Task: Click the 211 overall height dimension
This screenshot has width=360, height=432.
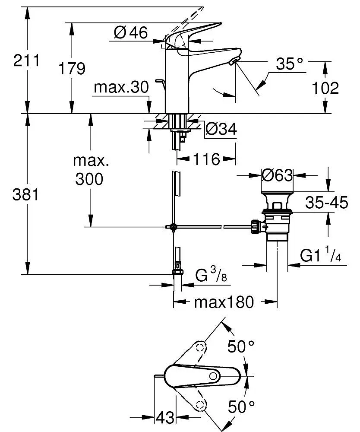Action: (x=26, y=60)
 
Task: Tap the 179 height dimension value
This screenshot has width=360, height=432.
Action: (x=72, y=68)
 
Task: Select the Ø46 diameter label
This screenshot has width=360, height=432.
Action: (x=131, y=32)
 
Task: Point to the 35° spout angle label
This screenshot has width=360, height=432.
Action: (x=289, y=64)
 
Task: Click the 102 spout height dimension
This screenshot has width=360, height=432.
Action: (x=325, y=88)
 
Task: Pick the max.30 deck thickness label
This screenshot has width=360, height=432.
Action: (x=121, y=87)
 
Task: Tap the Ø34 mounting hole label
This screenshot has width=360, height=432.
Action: (x=221, y=129)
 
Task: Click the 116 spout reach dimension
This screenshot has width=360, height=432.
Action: (x=206, y=159)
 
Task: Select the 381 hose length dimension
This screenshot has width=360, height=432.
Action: (x=25, y=195)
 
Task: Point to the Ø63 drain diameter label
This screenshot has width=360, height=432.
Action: (x=277, y=175)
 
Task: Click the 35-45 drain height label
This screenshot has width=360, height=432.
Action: (x=327, y=203)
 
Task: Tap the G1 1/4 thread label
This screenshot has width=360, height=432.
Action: (x=321, y=254)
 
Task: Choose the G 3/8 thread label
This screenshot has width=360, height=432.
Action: (x=211, y=274)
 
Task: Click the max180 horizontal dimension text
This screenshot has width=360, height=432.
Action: (x=224, y=302)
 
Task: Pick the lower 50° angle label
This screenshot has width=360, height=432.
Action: (x=241, y=407)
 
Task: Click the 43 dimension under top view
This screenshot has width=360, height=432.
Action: (x=165, y=418)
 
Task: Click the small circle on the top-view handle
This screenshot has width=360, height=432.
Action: (x=213, y=376)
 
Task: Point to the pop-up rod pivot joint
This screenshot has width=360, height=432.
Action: (x=173, y=227)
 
